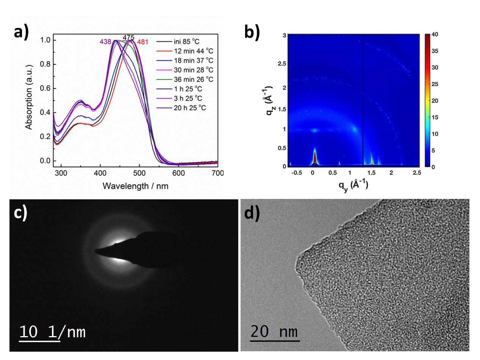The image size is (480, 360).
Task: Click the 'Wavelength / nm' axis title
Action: pos(135,186)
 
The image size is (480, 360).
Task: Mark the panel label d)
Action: pos(252,213)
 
